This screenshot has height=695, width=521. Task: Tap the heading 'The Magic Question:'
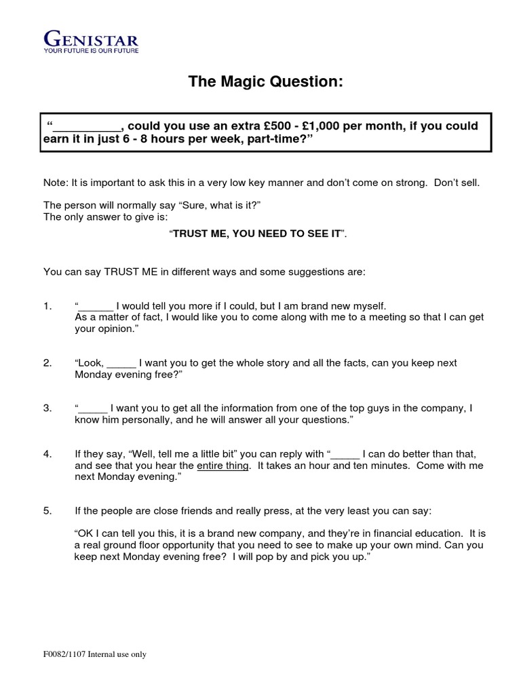(265, 82)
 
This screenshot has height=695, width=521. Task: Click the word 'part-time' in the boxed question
(275, 139)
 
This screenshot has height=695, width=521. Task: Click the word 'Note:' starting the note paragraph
(56, 183)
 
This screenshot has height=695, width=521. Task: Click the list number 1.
(47, 306)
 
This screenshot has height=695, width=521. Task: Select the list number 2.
(47, 363)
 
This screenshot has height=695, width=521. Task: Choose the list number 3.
(47, 408)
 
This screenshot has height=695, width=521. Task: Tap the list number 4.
(47, 453)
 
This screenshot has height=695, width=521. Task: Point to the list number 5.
(47, 511)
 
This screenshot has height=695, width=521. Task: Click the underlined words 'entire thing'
(223, 466)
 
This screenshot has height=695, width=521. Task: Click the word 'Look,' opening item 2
(90, 363)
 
